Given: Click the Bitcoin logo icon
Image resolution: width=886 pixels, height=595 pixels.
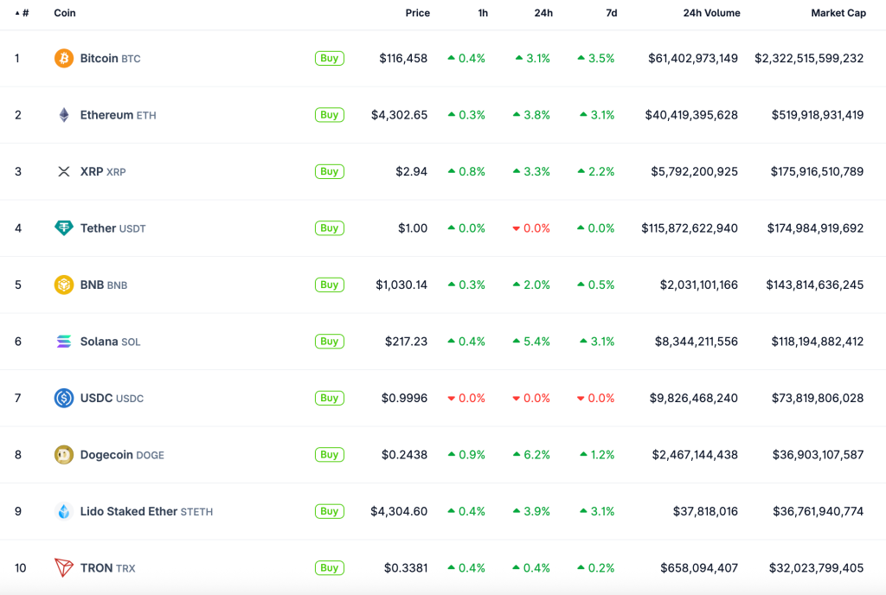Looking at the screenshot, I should pyautogui.click(x=64, y=58).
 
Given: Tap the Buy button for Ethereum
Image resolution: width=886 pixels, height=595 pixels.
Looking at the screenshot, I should pyautogui.click(x=329, y=115).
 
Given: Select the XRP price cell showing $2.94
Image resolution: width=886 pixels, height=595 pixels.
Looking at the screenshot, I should pyautogui.click(x=411, y=171).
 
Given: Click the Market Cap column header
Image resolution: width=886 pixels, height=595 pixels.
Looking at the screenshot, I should pyautogui.click(x=838, y=13).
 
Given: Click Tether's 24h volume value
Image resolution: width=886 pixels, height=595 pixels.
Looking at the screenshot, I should pyautogui.click(x=690, y=228).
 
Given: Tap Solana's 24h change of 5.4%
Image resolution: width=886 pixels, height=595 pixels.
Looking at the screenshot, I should pyautogui.click(x=531, y=342).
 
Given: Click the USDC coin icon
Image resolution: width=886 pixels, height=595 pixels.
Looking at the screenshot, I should pyautogui.click(x=64, y=398).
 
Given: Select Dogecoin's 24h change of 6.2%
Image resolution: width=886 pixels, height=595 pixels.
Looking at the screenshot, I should pyautogui.click(x=531, y=455).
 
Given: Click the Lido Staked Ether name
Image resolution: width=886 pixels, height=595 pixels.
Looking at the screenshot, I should pyautogui.click(x=129, y=511).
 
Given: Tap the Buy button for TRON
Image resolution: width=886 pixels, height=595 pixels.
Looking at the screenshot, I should pyautogui.click(x=329, y=568).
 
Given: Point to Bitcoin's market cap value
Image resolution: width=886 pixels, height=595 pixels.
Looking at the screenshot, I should pyautogui.click(x=809, y=58).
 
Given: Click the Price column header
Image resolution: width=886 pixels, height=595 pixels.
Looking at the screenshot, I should pyautogui.click(x=417, y=13).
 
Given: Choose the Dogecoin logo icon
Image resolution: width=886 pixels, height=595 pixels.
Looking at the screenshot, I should pyautogui.click(x=64, y=455).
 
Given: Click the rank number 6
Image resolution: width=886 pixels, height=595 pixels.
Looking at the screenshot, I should pyautogui.click(x=18, y=342).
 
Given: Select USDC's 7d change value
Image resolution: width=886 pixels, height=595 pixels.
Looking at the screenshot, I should pyautogui.click(x=595, y=398).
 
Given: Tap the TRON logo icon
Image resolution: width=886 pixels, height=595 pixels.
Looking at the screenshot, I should pyautogui.click(x=64, y=568).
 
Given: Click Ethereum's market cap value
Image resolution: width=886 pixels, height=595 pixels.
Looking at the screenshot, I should pyautogui.click(x=817, y=115).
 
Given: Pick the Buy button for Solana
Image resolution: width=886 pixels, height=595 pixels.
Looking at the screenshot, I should pyautogui.click(x=329, y=342).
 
